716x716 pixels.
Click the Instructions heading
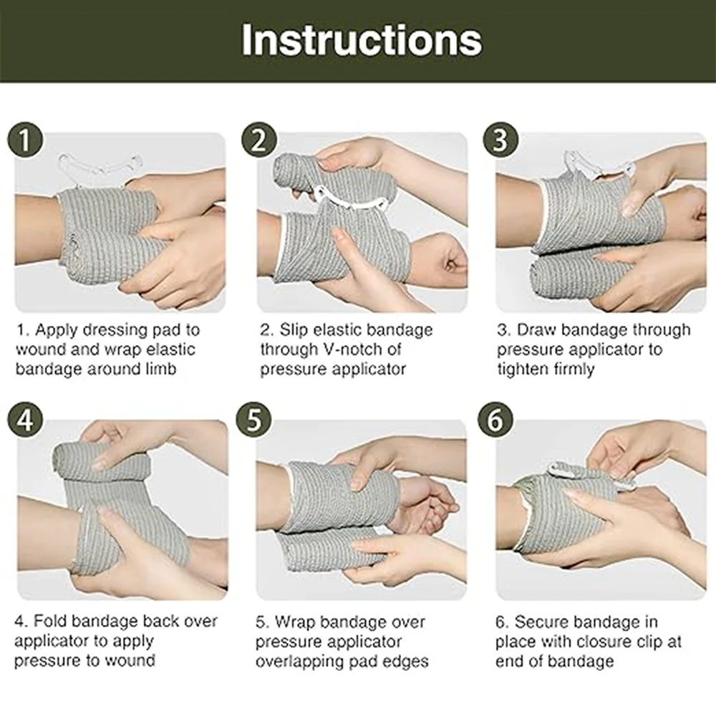pyautogui.click(x=362, y=39)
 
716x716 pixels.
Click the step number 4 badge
pyautogui.click(x=25, y=420)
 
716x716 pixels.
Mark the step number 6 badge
pyautogui.click(x=496, y=420)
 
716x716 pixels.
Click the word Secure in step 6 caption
pyautogui.click(x=541, y=621)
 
